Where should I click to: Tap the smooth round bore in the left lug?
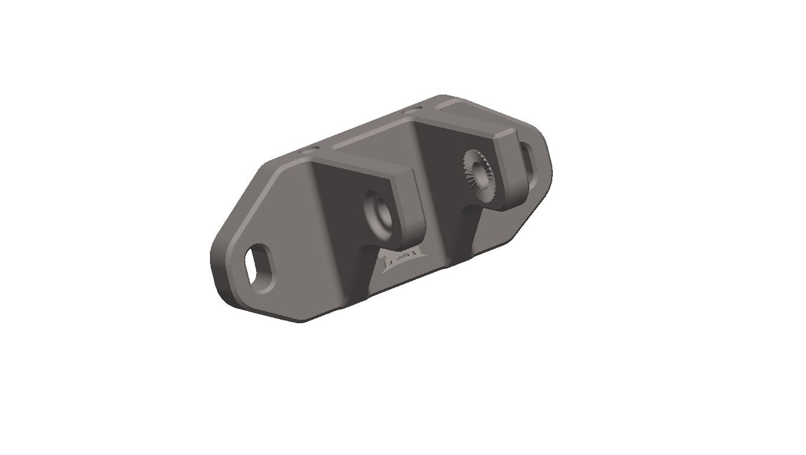377,212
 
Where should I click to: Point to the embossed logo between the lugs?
402,260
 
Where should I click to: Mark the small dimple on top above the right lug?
412,110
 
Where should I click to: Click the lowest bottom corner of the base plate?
302,322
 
